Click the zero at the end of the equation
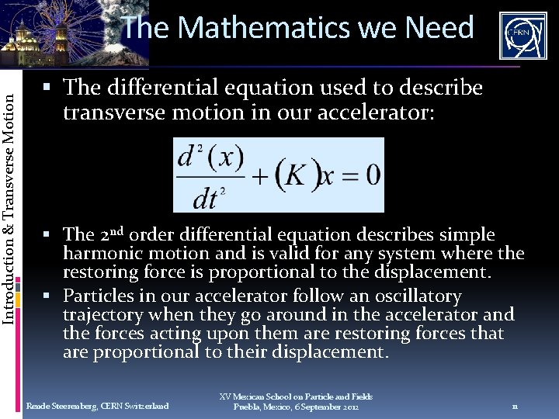[372, 175]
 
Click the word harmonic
[97, 254]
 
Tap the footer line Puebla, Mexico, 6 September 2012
[296, 407]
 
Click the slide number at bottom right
[515, 406]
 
